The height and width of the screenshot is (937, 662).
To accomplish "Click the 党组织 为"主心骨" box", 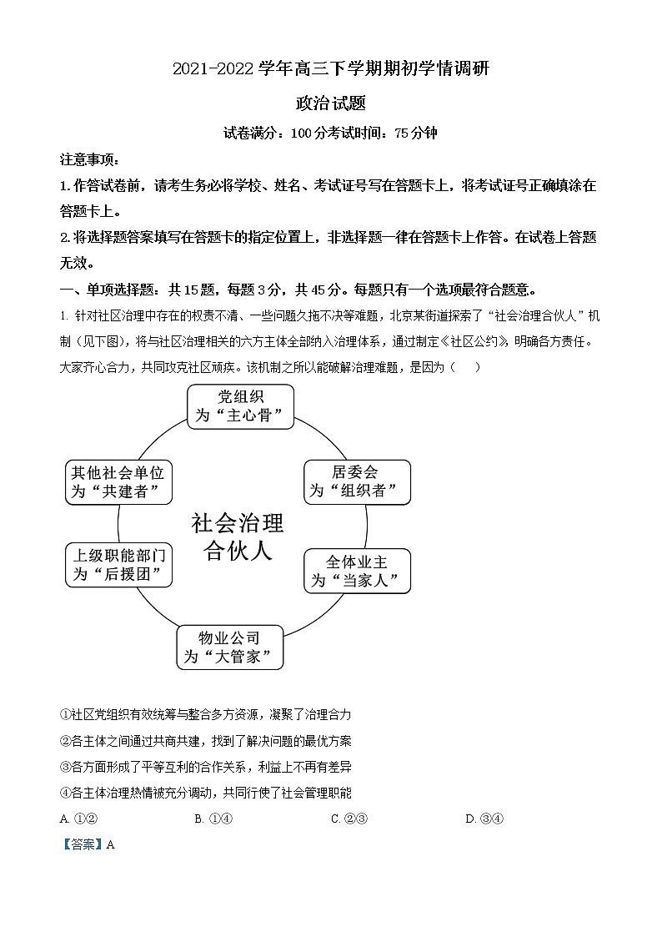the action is (x=240, y=406).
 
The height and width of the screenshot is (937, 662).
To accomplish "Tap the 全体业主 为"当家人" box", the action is (x=358, y=571).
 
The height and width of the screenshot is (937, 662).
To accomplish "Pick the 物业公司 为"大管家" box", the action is (x=229, y=647).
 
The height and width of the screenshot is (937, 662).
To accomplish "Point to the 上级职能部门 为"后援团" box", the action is (x=119, y=565).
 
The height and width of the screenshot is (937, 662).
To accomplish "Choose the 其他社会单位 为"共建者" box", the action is (x=118, y=482).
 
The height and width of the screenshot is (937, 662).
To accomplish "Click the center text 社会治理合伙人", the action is (x=238, y=537).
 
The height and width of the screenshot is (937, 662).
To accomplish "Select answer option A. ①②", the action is (x=73, y=819).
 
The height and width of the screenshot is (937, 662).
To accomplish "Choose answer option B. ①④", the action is (x=213, y=819).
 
